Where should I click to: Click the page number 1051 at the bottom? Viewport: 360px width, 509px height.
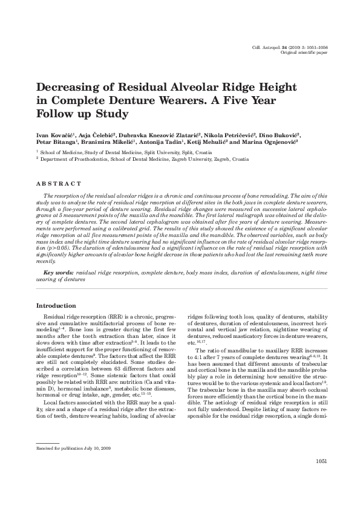pos(321,478)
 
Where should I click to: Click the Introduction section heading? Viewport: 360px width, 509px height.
pos(56,306)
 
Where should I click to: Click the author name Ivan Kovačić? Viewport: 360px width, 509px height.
pos(53,134)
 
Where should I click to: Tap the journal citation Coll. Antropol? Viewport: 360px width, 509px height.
pos(270,48)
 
